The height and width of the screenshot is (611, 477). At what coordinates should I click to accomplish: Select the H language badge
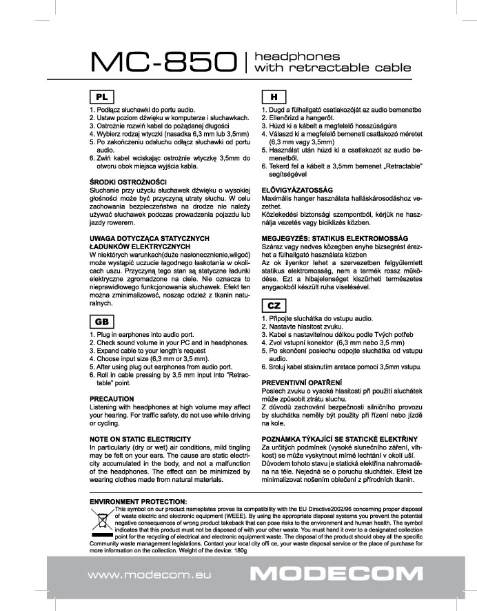coord(273,96)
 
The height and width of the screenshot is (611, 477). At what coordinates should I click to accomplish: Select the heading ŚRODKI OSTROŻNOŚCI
coord(123,182)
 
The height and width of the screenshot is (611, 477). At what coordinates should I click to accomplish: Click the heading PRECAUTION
coord(112,399)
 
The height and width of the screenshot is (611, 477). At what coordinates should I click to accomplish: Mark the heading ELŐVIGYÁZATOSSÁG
coord(298,189)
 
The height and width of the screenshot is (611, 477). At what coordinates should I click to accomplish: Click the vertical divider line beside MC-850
coord(247,63)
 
